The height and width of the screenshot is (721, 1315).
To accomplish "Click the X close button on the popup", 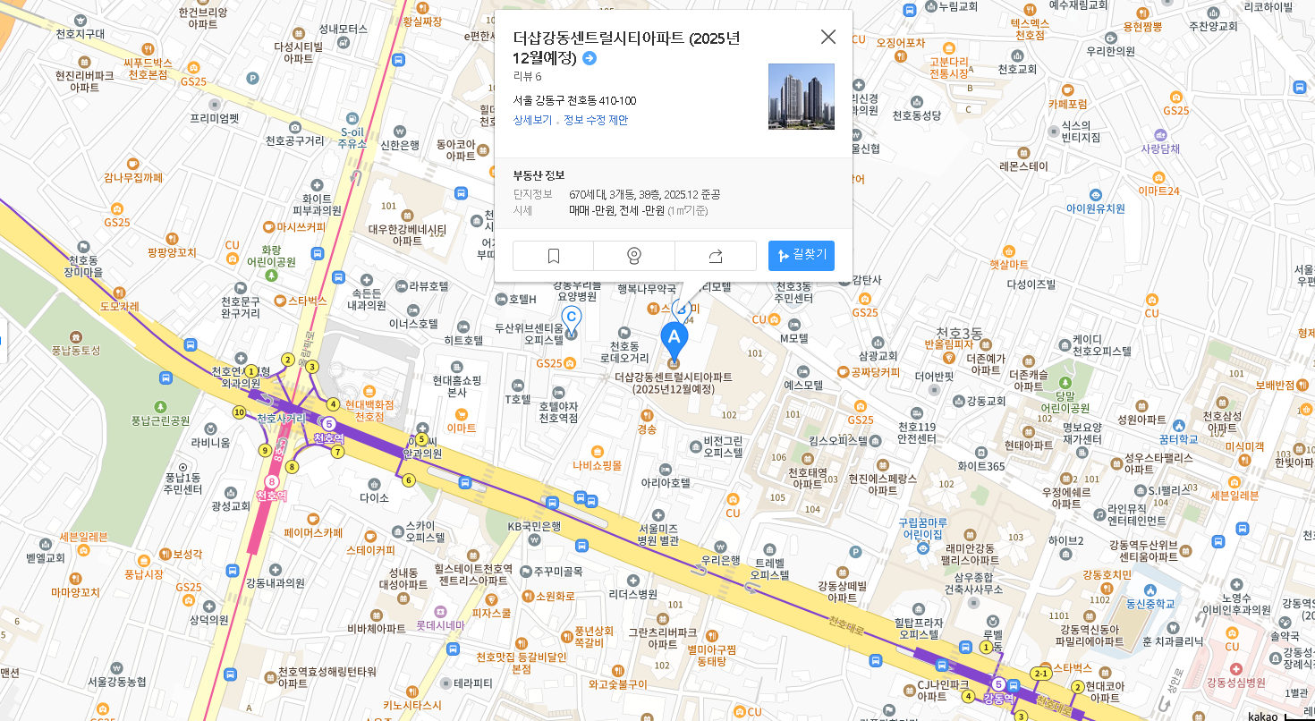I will [x=828, y=37].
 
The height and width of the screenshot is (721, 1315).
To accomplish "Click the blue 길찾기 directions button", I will [x=802, y=256].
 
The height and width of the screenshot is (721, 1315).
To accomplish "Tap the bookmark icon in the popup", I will [x=553, y=256].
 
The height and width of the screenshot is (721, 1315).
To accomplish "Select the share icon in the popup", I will [x=715, y=256].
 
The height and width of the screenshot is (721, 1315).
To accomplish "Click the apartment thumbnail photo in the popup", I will [x=802, y=97].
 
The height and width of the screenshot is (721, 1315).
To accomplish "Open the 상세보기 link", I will [x=532, y=120].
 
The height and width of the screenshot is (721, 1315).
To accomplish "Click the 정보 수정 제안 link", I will [x=596, y=120].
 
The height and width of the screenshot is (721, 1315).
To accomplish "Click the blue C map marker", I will [x=571, y=318].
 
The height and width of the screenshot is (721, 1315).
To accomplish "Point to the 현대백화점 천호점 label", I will [x=369, y=411].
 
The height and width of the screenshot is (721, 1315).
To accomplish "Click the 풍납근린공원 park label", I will [x=161, y=420].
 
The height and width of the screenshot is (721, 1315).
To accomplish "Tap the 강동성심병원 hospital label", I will [x=1236, y=683].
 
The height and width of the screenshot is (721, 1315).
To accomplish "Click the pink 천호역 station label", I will [x=271, y=495].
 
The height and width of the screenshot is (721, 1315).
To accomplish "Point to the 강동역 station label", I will [x=998, y=698].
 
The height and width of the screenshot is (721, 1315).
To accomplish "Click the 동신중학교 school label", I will [x=1150, y=604].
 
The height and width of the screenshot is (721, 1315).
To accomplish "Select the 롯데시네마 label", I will [x=440, y=626].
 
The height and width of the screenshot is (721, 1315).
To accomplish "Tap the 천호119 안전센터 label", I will [x=917, y=432].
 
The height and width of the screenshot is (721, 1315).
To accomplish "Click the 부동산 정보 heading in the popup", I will [x=539, y=174].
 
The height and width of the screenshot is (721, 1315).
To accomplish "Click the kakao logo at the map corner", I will [x=1263, y=716].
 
